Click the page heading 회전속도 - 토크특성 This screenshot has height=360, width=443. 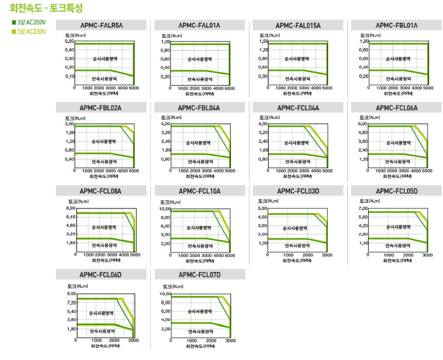47,8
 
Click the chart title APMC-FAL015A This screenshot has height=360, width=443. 298,25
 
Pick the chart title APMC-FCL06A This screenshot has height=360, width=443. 396,108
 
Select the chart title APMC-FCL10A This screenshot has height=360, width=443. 199,191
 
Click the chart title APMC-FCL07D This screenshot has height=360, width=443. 199,275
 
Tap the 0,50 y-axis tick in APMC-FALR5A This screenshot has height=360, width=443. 69,42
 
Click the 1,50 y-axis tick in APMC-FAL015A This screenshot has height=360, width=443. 263,42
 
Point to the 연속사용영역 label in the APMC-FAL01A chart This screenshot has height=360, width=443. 200,79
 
